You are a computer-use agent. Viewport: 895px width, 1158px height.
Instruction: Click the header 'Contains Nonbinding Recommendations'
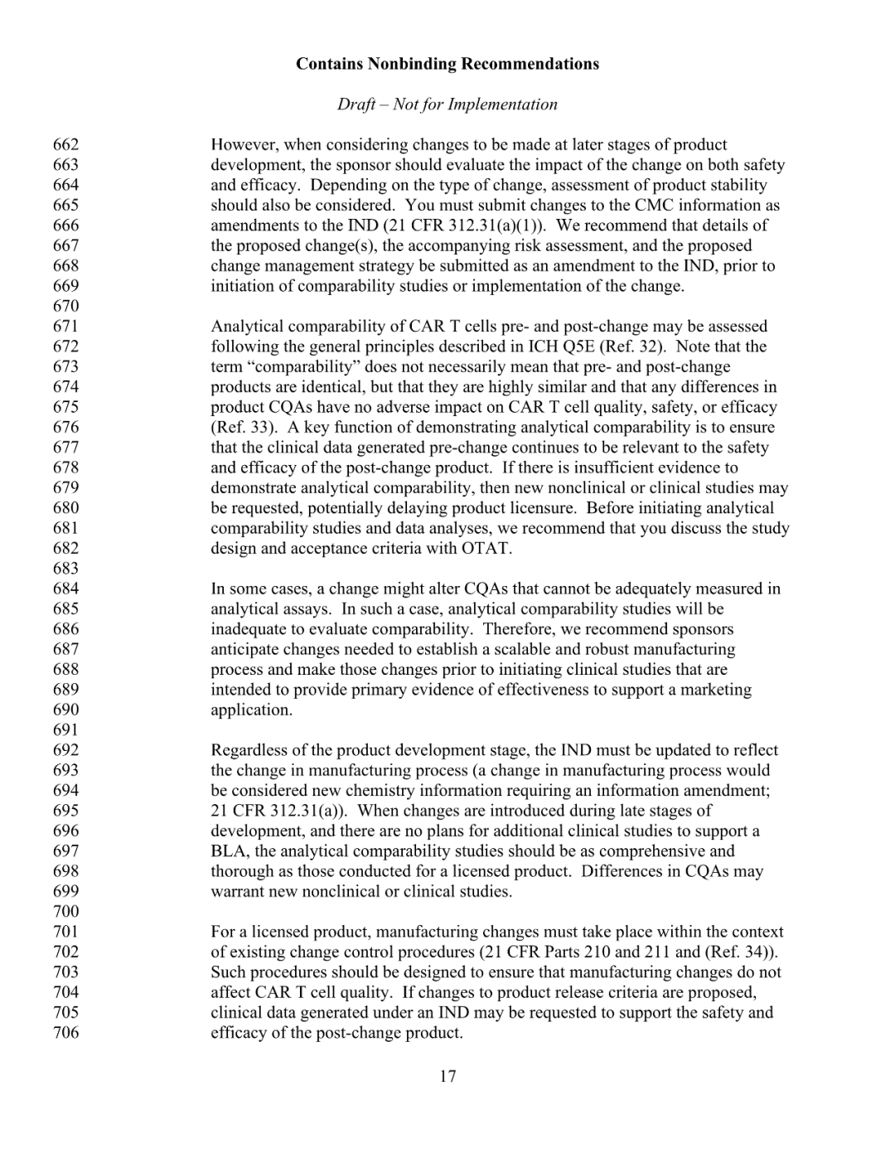pyautogui.click(x=447, y=64)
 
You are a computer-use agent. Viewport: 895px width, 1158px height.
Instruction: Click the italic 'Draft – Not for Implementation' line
pyautogui.click(x=447, y=104)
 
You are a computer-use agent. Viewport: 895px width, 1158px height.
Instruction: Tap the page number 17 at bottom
pyautogui.click(x=447, y=1077)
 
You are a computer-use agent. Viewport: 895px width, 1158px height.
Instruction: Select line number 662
pyautogui.click(x=66, y=145)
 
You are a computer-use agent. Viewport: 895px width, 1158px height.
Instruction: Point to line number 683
pyautogui.click(x=66, y=569)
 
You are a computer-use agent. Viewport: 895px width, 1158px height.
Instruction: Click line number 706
pyautogui.click(x=66, y=1033)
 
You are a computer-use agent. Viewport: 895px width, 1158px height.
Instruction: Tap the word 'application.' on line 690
pyautogui.click(x=251, y=710)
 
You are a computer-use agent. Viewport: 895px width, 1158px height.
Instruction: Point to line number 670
pyautogui.click(x=66, y=306)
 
